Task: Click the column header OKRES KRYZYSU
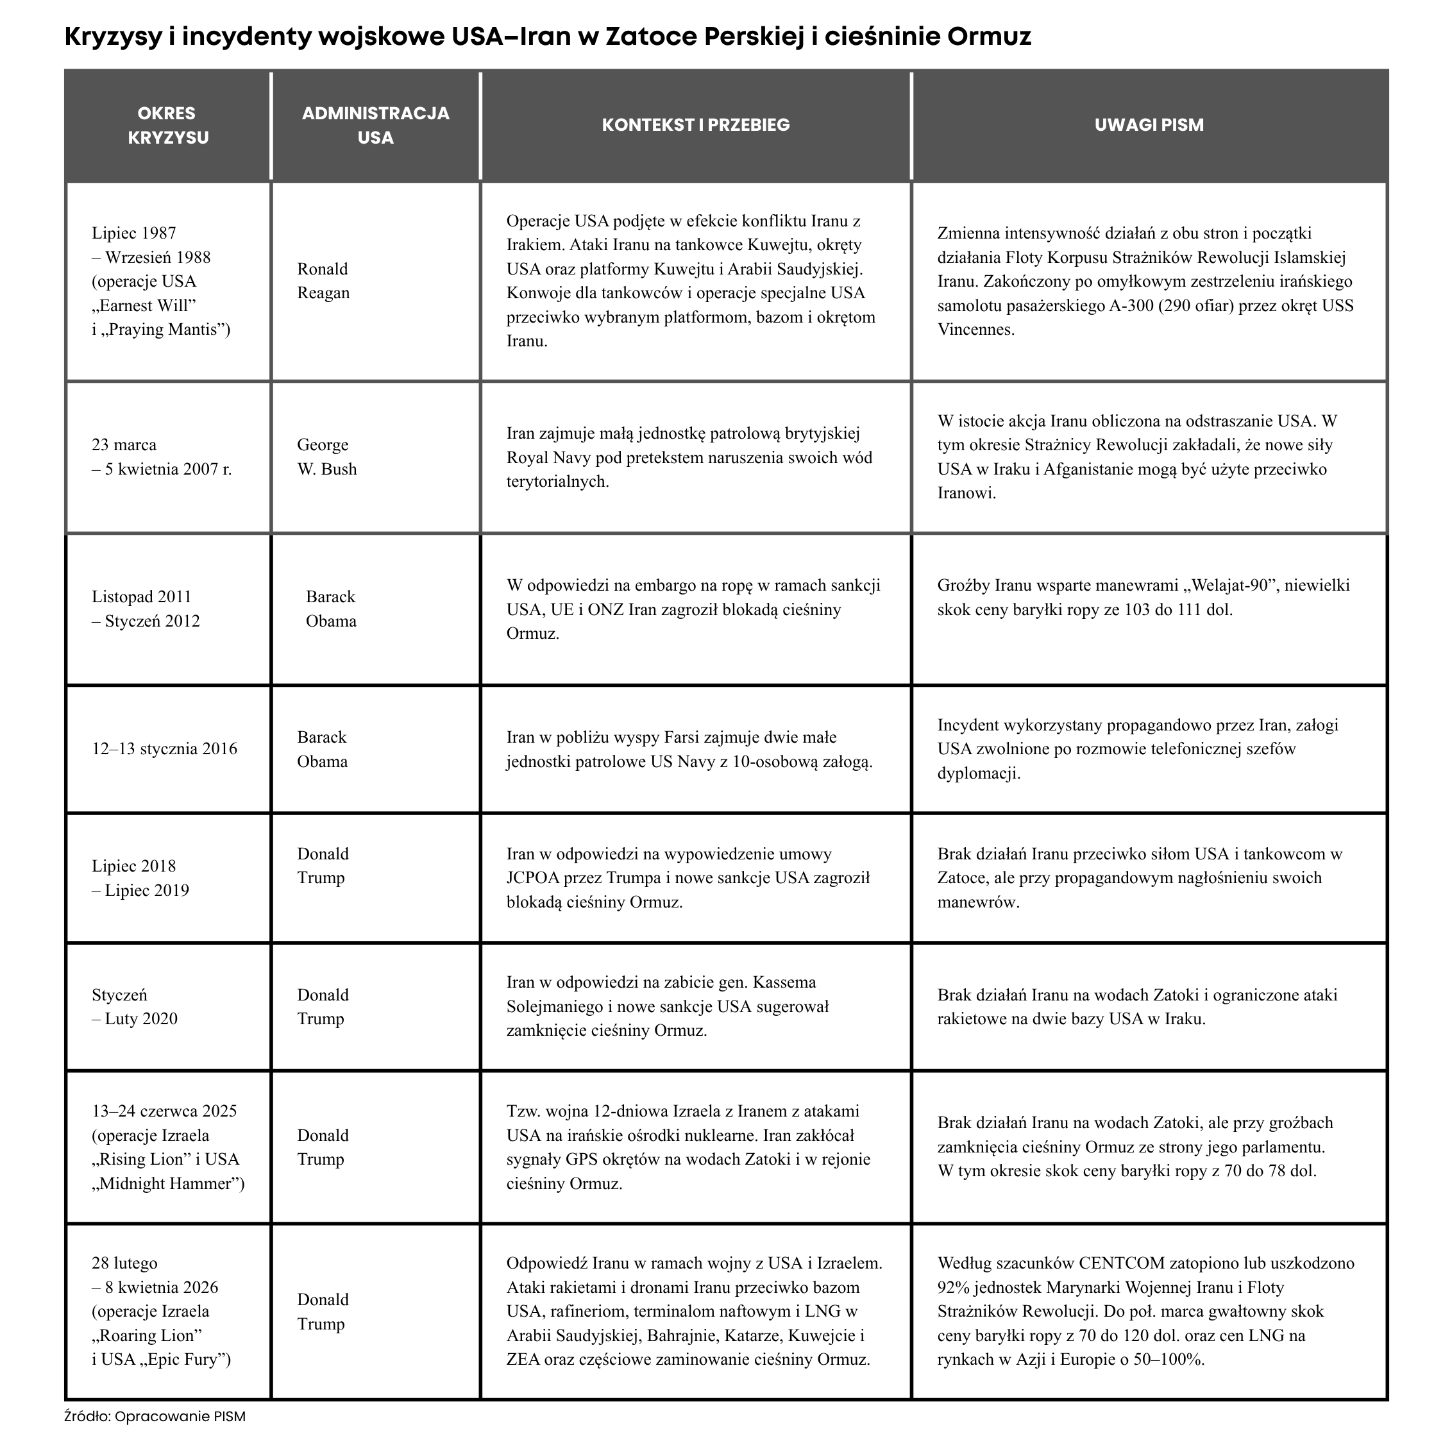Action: (x=167, y=126)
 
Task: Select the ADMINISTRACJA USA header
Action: (x=375, y=126)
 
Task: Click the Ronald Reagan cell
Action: (x=323, y=281)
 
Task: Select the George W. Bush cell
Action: (x=327, y=457)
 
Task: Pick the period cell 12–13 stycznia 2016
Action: (x=164, y=749)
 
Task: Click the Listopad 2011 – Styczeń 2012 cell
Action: (x=146, y=609)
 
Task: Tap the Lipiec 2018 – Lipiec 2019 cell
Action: (x=140, y=879)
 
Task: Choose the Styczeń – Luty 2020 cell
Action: (x=135, y=1007)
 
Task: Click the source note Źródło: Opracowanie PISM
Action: (x=155, y=1416)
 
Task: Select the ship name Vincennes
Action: (x=975, y=330)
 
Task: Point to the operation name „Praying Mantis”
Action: (x=167, y=330)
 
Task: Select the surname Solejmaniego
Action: (x=554, y=1007)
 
